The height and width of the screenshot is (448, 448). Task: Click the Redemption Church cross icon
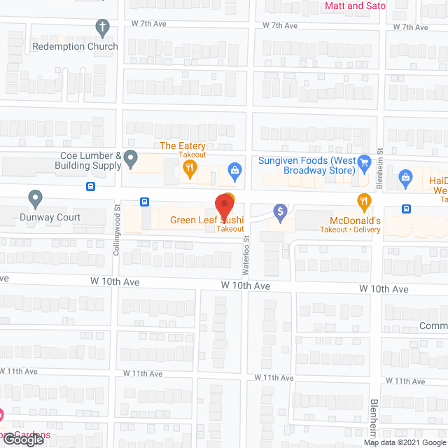103,28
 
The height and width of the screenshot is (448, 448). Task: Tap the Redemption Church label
76,46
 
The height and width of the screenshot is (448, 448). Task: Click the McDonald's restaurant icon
363,202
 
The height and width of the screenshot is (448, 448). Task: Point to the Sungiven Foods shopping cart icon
363,164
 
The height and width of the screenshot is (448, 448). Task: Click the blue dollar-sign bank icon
280,211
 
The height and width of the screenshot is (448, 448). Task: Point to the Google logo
22,440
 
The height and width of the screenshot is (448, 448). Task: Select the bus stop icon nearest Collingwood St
144,202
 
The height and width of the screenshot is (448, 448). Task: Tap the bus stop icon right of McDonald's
406,209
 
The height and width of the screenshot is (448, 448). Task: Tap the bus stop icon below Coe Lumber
90,186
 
